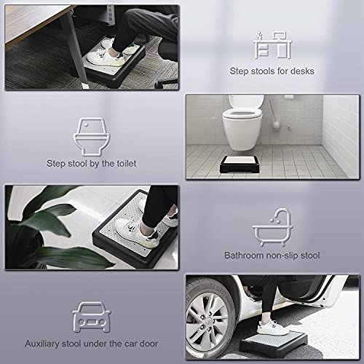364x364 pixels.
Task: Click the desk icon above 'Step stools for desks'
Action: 272,45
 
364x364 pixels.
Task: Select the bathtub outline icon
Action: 272,227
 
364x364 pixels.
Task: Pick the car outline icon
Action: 92,317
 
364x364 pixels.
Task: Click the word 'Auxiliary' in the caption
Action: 42,344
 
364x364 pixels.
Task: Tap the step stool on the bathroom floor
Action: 240,165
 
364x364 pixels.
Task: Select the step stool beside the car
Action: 273,343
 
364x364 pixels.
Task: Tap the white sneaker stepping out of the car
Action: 272,327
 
